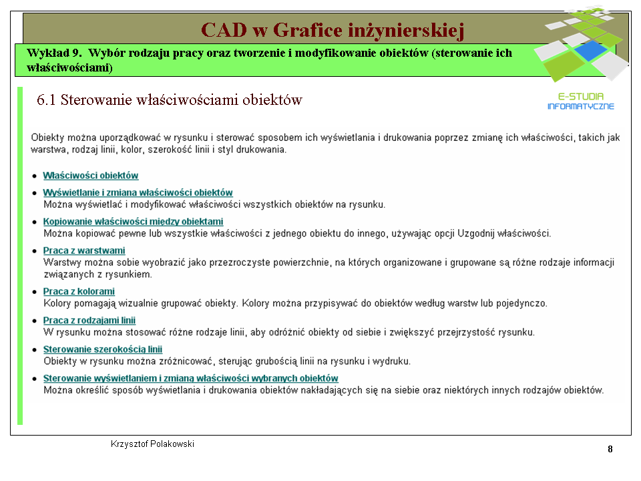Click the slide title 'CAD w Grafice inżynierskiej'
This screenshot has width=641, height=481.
333,30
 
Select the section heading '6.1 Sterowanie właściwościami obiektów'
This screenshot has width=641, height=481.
169,100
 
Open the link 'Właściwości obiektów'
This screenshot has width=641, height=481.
91,176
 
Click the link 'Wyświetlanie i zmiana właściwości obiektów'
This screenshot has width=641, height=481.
138,192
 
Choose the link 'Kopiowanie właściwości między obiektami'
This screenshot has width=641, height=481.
134,222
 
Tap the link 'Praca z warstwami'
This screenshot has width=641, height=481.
84,251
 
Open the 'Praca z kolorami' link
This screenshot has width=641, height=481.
79,291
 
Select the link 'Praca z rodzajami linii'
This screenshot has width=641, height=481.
89,320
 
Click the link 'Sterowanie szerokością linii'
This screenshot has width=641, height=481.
103,349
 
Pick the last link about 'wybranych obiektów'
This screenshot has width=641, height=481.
191,378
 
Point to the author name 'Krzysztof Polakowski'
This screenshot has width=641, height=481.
152,444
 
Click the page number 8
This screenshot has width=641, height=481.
610,449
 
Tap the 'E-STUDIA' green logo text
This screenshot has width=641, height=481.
581,96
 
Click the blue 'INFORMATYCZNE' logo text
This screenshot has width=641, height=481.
581,106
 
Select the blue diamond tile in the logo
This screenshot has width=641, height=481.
591,51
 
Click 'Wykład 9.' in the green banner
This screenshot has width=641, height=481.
54,53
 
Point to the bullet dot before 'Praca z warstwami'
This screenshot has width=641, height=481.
35,251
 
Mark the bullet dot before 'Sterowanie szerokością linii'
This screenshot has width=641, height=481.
35,350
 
